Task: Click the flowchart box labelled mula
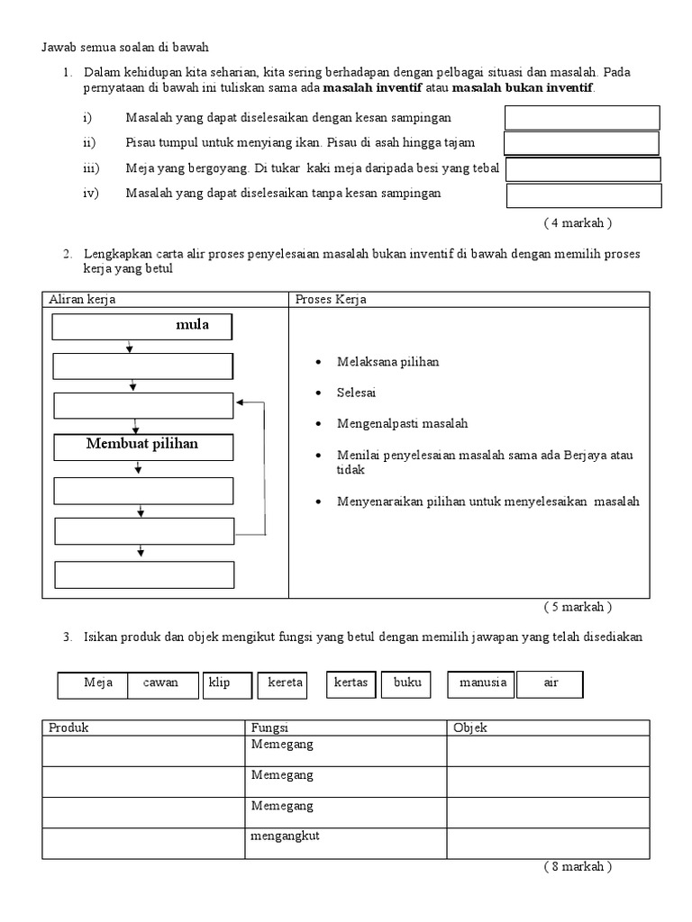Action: [142, 326]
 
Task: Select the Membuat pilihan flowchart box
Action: [142, 445]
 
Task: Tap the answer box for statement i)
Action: [582, 118]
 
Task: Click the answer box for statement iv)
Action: [584, 195]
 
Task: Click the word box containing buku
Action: [407, 684]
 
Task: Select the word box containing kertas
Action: [351, 684]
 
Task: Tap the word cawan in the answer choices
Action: [161, 683]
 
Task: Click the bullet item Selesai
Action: [357, 393]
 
